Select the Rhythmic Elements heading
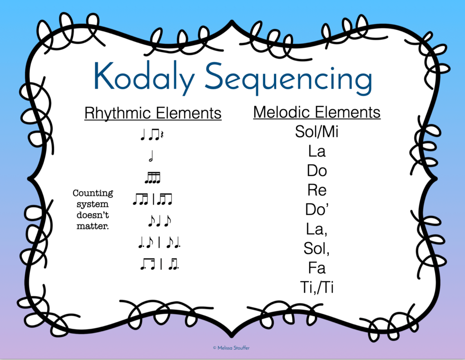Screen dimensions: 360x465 pos(153,113)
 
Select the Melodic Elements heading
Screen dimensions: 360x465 pos(317,112)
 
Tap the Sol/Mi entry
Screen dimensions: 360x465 pos(317,132)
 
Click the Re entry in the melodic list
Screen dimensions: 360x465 pos(317,190)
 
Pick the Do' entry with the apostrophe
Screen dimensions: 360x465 pos(317,210)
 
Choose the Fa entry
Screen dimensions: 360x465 pos(317,268)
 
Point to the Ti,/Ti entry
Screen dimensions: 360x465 pos(317,287)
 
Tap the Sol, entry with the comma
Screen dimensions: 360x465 pos(317,249)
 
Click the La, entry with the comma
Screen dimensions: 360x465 pos(317,229)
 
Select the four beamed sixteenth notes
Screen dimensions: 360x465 pos(153,178)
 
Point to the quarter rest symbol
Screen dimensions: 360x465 pos(159,135)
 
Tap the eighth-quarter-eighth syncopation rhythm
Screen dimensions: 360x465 pos(159,221)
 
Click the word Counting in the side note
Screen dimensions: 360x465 pos(93,194)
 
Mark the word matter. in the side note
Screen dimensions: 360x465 pos(93,226)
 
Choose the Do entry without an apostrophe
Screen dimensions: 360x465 pos(317,171)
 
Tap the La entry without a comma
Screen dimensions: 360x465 pos(317,151)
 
